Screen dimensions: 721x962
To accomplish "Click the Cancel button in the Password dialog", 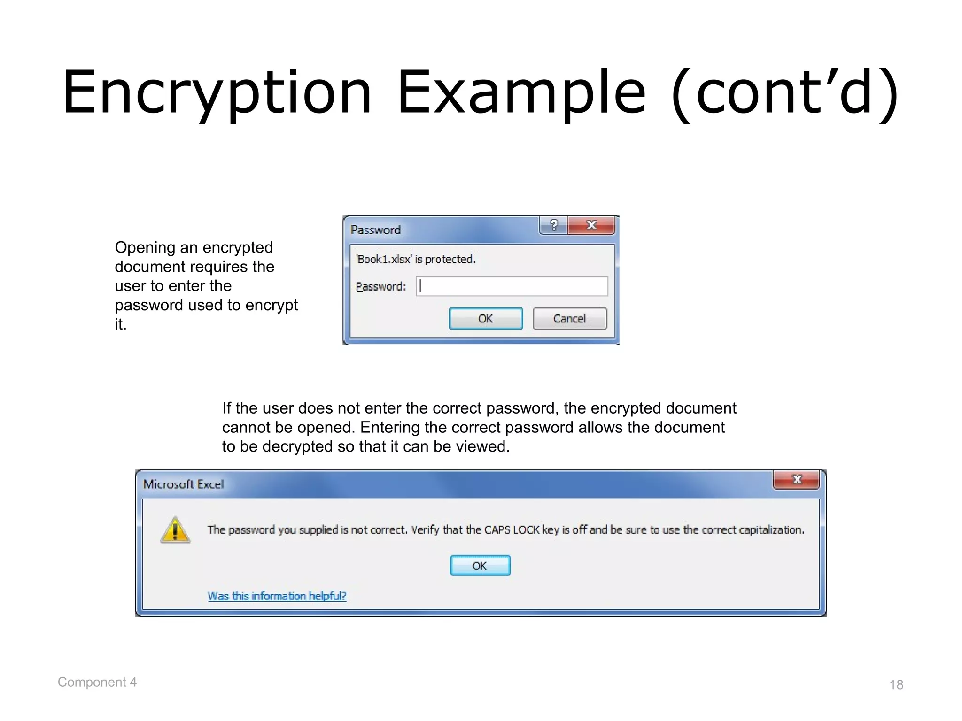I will [x=570, y=319].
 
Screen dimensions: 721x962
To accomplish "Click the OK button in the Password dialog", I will [x=486, y=319].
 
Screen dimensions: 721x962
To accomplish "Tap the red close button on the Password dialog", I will [x=591, y=225].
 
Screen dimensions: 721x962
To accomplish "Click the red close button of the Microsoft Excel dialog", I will [x=796, y=480].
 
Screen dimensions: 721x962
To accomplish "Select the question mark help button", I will [x=554, y=225].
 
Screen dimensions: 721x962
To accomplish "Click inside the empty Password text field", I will [x=512, y=286].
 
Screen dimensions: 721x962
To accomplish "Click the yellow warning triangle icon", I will [x=175, y=530].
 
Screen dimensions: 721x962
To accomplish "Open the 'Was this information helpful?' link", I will [x=277, y=596].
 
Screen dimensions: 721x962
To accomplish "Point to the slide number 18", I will [x=896, y=684].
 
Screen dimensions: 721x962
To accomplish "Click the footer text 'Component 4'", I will [x=97, y=682].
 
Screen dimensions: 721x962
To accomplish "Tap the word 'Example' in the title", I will [x=521, y=92].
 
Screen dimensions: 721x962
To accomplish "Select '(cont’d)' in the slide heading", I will [x=785, y=92].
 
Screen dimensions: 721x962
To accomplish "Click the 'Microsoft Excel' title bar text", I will [x=184, y=484].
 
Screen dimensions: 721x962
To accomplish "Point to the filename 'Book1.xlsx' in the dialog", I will [x=384, y=259].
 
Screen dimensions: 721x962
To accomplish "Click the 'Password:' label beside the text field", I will [x=380, y=286].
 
